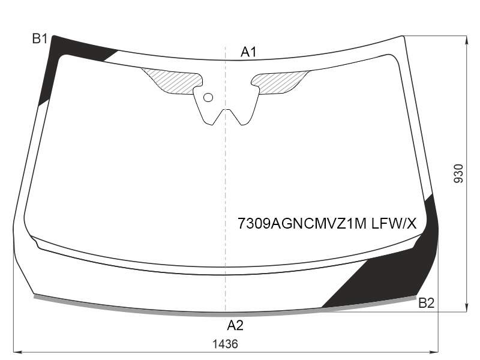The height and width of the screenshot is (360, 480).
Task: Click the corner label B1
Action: click(40, 39)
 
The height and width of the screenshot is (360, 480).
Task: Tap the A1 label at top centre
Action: click(248, 52)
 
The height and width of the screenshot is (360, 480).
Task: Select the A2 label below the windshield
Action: click(235, 325)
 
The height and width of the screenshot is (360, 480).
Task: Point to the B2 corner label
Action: click(427, 303)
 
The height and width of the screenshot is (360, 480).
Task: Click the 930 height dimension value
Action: click(458, 173)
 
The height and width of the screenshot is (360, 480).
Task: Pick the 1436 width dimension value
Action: click(225, 344)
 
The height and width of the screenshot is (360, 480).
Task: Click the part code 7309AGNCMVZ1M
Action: click(302, 224)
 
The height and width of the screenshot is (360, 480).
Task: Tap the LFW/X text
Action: click(394, 224)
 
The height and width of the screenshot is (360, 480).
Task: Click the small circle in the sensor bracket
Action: click(208, 98)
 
